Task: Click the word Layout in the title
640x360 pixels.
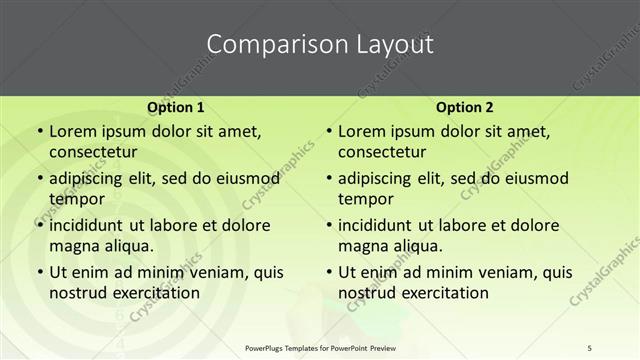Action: (x=395, y=45)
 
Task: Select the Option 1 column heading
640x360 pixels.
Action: (x=175, y=107)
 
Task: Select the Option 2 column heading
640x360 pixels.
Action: (x=464, y=107)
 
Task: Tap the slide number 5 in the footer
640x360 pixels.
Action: (x=591, y=347)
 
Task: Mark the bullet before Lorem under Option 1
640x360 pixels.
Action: (x=39, y=132)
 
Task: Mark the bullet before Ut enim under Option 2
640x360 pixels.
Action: (x=328, y=272)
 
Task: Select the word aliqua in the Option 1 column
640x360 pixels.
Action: (x=125, y=245)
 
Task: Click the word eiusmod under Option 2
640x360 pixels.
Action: (x=536, y=179)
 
